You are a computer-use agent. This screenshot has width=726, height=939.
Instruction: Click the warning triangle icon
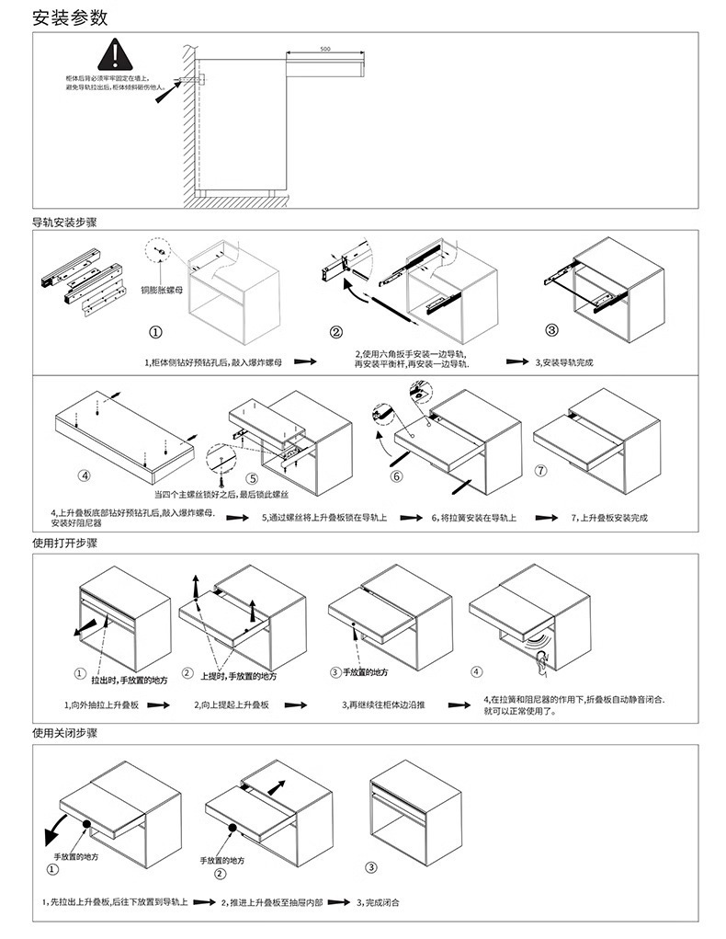(111, 54)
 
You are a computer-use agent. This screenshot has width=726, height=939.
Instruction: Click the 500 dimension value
(325, 49)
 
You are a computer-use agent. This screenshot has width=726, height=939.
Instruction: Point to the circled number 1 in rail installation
(157, 332)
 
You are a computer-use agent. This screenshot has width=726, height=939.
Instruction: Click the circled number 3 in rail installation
(551, 330)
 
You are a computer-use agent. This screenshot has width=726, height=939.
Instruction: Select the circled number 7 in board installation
(541, 470)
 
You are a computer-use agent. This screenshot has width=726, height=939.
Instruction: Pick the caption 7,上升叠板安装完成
(609, 518)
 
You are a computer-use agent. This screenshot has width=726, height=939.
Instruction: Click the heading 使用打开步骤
(64, 544)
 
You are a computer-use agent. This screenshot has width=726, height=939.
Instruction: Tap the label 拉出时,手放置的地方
(129, 681)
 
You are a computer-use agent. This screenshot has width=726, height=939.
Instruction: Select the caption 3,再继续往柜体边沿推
(383, 705)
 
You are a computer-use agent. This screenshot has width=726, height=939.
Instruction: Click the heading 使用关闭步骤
(64, 733)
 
